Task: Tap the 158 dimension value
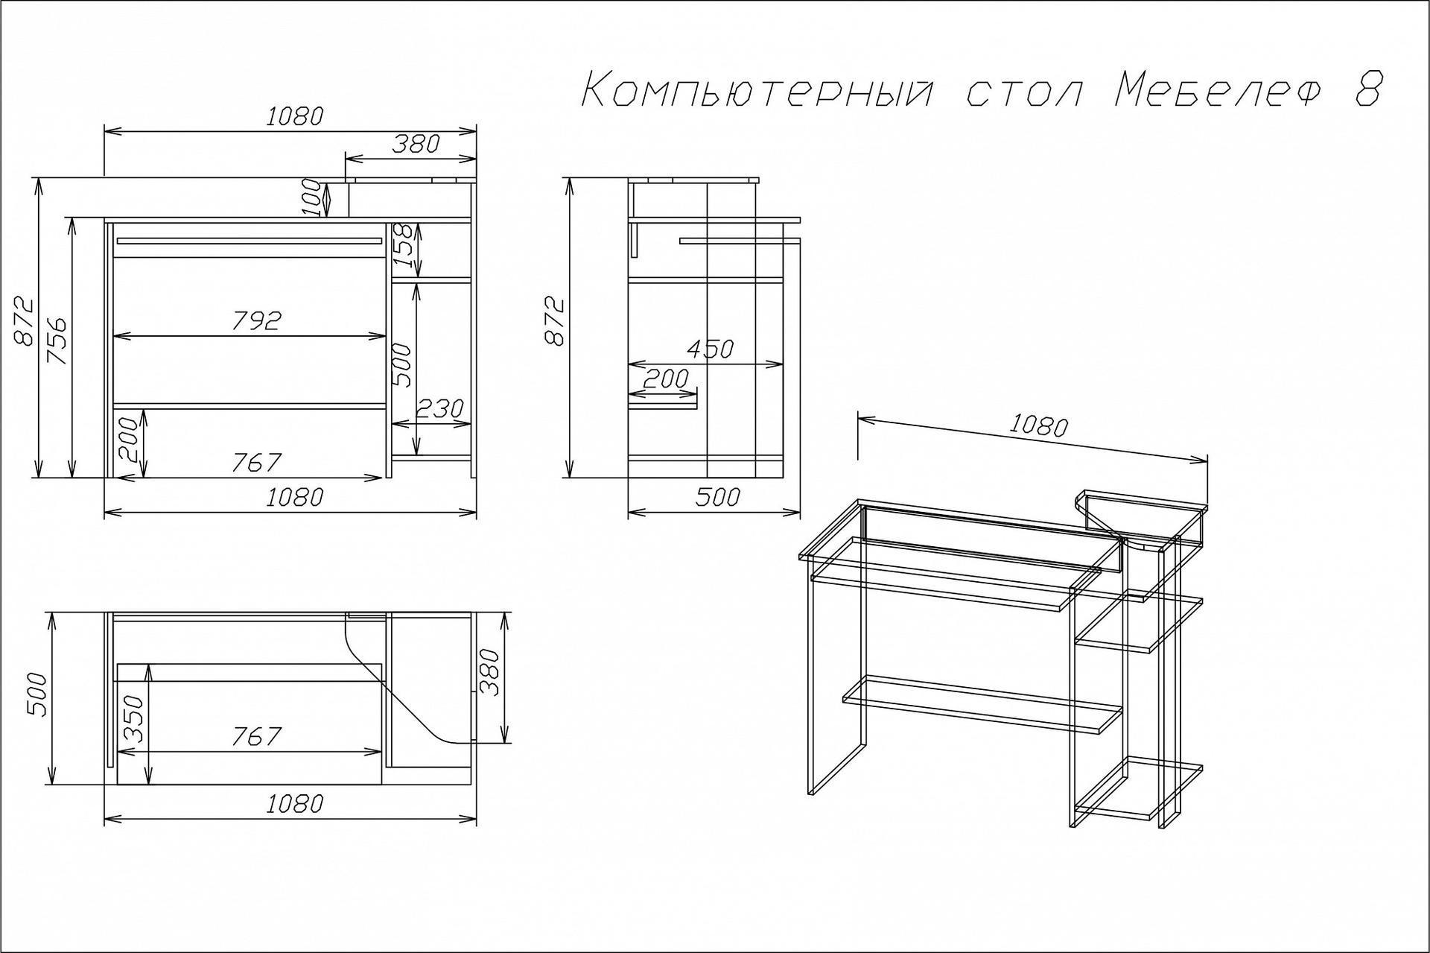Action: (x=402, y=247)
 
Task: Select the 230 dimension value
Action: (x=439, y=408)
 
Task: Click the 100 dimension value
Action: (x=315, y=198)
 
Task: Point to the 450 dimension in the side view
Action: (x=710, y=349)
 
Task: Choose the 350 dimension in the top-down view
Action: (x=133, y=720)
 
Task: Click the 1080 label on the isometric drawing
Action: (x=1038, y=425)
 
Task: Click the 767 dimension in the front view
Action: (x=255, y=463)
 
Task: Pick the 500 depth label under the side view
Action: (x=716, y=497)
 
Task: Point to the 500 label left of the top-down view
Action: (x=37, y=696)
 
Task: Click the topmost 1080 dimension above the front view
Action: (x=295, y=117)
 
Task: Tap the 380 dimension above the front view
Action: (x=416, y=144)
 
